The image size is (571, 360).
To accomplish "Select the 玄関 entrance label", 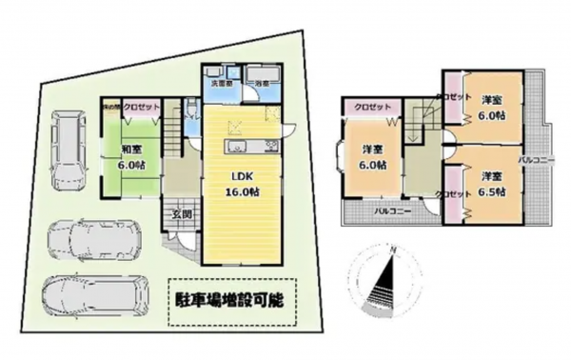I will (181, 213).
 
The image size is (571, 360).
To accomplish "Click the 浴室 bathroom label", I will (261, 85).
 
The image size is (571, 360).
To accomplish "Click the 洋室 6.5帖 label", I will (491, 184).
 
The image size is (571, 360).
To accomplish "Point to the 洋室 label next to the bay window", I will (373, 156).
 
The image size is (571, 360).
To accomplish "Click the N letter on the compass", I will (391, 249).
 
